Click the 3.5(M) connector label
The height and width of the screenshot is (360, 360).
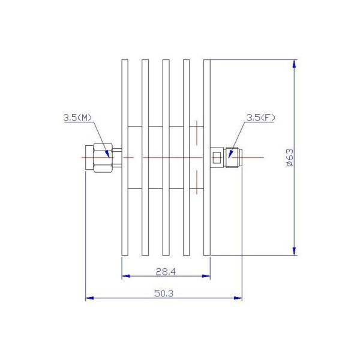78,118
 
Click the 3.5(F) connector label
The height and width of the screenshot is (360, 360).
260,118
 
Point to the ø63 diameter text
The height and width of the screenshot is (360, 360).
289,157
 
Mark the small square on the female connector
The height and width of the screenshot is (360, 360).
217,158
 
